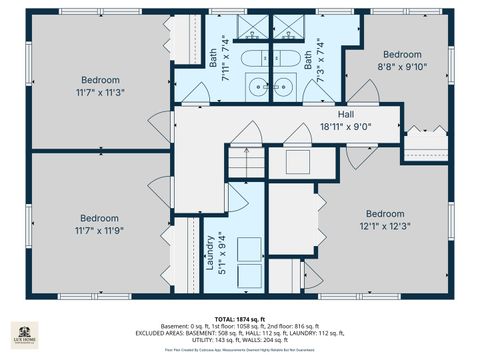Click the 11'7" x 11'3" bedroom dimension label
(x=100, y=92)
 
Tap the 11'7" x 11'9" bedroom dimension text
(x=100, y=230)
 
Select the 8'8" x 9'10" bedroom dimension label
(x=401, y=66)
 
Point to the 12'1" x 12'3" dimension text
(x=384, y=226)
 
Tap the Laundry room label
(x=211, y=254)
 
